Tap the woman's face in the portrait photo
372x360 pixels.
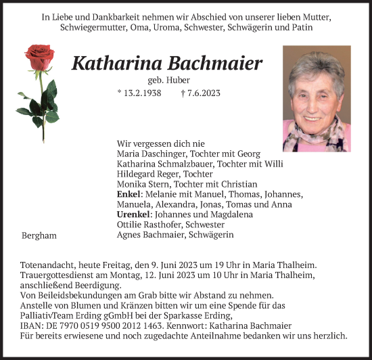[313, 94]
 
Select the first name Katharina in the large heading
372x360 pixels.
[112, 64]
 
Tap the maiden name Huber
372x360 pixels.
[183, 79]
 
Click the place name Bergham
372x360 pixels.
[39, 235]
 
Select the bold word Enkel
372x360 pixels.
[129, 194]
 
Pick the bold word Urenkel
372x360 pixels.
[133, 215]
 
